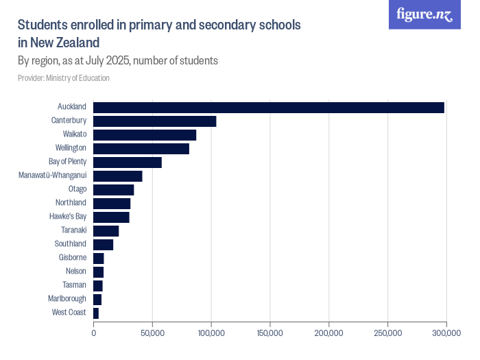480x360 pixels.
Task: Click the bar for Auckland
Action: click(269, 107)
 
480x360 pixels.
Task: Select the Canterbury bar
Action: click(154, 121)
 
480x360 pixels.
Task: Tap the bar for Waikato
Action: click(145, 134)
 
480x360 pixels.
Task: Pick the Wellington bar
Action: click(141, 148)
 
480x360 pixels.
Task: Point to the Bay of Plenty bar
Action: click(128, 162)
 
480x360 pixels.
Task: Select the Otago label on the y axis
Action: click(77, 189)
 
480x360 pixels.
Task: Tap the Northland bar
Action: click(112, 203)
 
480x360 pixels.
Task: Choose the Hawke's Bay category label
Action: click(68, 217)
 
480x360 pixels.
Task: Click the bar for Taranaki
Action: click(106, 230)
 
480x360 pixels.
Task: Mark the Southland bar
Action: click(103, 244)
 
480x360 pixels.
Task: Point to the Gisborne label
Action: click(73, 258)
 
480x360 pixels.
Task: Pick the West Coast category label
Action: click(69, 313)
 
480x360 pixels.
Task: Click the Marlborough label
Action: click(67, 299)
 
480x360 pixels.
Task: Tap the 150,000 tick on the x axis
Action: click(270, 333)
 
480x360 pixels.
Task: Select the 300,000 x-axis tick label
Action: click(446, 333)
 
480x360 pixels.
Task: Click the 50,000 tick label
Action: click(152, 333)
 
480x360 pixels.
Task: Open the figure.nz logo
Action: click(424, 14)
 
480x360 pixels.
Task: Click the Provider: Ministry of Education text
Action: click(63, 78)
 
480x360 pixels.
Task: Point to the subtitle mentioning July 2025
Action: click(117, 60)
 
